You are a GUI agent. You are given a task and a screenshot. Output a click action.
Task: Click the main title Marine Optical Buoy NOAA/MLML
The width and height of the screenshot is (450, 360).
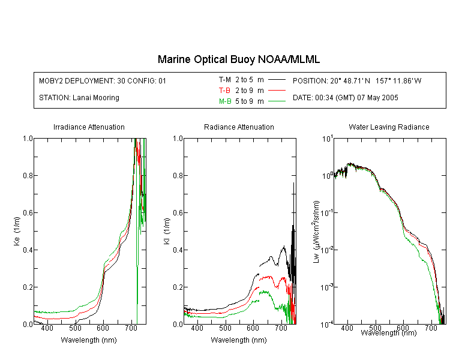238,59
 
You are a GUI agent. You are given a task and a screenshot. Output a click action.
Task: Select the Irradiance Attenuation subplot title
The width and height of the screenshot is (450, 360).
89,127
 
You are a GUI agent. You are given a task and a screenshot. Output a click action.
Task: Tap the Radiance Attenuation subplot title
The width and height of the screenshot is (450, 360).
239,127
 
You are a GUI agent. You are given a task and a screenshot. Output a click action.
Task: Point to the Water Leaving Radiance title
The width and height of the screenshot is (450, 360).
389,127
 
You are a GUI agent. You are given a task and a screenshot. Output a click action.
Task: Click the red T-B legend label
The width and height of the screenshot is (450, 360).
224,91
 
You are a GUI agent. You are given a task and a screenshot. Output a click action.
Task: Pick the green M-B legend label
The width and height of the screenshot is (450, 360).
225,101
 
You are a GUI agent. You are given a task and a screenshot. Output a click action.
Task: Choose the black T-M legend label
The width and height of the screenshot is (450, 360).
225,80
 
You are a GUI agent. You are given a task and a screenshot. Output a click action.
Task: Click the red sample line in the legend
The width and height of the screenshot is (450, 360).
277,91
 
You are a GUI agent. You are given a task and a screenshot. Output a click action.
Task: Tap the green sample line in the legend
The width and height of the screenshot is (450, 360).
277,101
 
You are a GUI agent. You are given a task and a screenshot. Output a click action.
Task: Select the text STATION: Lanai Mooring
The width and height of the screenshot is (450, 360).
79,98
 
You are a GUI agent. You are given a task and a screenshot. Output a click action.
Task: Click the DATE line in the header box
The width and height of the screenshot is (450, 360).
345,98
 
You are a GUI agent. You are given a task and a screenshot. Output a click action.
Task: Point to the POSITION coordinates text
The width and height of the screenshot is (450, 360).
357,80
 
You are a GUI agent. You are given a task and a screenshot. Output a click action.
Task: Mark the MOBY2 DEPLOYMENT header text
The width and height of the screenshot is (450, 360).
103,80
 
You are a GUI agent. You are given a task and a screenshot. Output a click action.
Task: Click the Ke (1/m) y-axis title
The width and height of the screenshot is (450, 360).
17,231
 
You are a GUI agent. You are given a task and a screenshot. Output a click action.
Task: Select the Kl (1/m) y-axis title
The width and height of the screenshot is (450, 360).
167,231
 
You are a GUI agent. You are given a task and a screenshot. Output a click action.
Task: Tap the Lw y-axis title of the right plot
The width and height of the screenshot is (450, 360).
316,232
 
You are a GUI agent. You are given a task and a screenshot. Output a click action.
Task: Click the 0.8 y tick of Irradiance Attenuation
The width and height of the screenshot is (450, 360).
28,175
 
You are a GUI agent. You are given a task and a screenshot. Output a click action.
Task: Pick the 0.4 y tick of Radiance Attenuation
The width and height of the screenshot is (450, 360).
178,250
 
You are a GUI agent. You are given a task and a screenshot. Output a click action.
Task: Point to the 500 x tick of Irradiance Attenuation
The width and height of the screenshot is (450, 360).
75,328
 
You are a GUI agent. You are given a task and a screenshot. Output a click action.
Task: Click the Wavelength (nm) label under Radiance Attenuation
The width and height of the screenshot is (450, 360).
239,340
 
